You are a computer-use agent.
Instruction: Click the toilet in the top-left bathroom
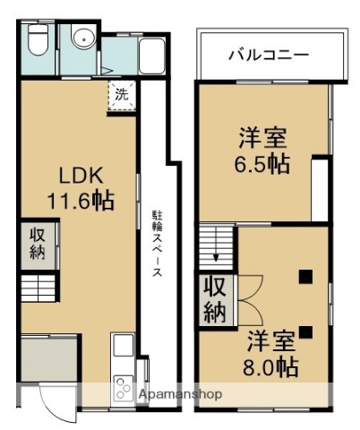click(37, 40)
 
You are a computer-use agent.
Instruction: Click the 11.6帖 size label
click(80, 202)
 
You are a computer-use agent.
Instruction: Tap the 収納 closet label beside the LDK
click(37, 242)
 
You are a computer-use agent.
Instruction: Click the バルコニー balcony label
click(268, 54)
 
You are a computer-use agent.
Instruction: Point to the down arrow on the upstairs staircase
click(216, 258)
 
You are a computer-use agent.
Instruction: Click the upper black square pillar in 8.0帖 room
click(305, 276)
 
